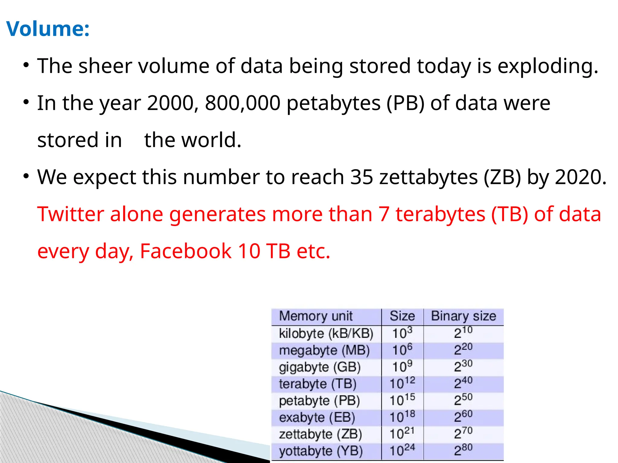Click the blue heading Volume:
click(48, 29)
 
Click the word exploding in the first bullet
click(547, 66)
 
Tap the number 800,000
click(243, 103)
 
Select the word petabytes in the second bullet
click(333, 104)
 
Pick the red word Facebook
click(186, 251)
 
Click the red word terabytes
click(440, 214)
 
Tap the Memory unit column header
click(316, 316)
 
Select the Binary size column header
click(463, 316)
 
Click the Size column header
click(402, 316)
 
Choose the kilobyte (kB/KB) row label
click(326, 334)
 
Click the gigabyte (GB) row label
click(320, 367)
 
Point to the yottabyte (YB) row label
click(320, 451)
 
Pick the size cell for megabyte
click(402, 350)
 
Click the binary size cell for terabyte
click(463, 383)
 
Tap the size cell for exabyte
click(402, 417)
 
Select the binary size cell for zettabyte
click(463, 434)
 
